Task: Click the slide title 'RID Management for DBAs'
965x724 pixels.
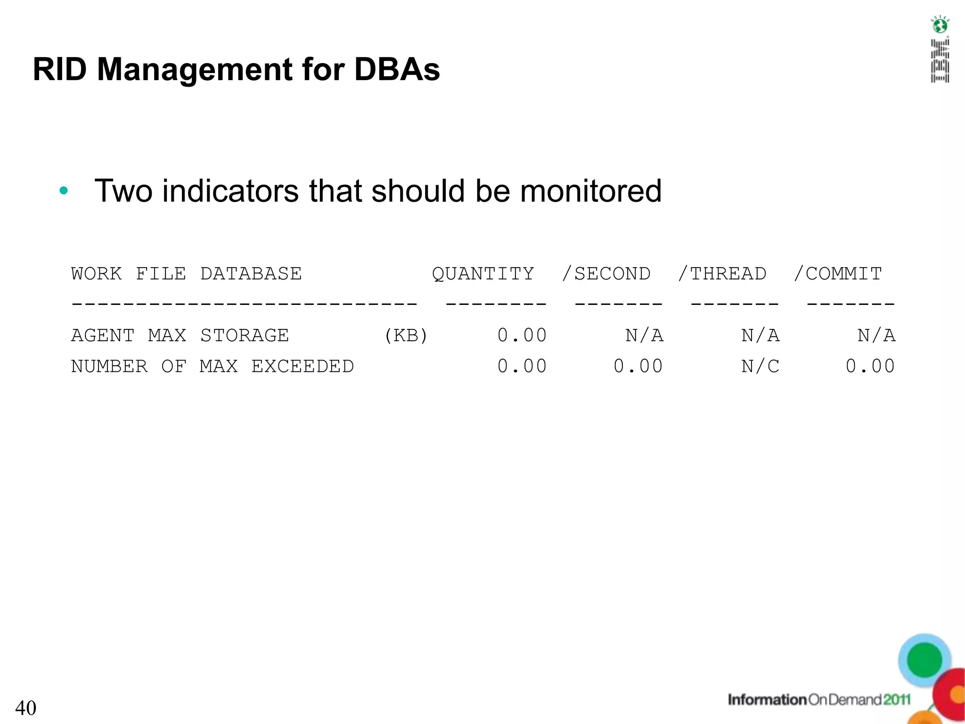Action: (236, 70)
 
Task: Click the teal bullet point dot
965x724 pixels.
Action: (64, 191)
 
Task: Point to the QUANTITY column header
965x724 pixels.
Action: (483, 274)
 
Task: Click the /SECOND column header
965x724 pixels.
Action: (606, 274)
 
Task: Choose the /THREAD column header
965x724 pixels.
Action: (722, 274)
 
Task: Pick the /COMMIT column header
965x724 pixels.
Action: (838, 274)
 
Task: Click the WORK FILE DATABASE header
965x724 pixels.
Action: (186, 274)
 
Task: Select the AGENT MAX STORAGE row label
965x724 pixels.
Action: (180, 336)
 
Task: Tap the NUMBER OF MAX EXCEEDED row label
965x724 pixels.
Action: (212, 366)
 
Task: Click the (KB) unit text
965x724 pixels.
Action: (406, 336)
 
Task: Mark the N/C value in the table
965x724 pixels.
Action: (760, 366)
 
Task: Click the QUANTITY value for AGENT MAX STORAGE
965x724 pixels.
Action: (522, 336)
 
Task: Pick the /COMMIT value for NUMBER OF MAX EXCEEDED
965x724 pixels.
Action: (870, 366)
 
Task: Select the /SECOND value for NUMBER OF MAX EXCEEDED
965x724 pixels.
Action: (638, 366)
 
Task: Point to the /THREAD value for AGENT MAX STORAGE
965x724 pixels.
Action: (760, 336)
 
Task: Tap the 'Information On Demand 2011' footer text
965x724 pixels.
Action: (819, 699)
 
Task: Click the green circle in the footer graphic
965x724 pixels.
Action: (924, 660)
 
